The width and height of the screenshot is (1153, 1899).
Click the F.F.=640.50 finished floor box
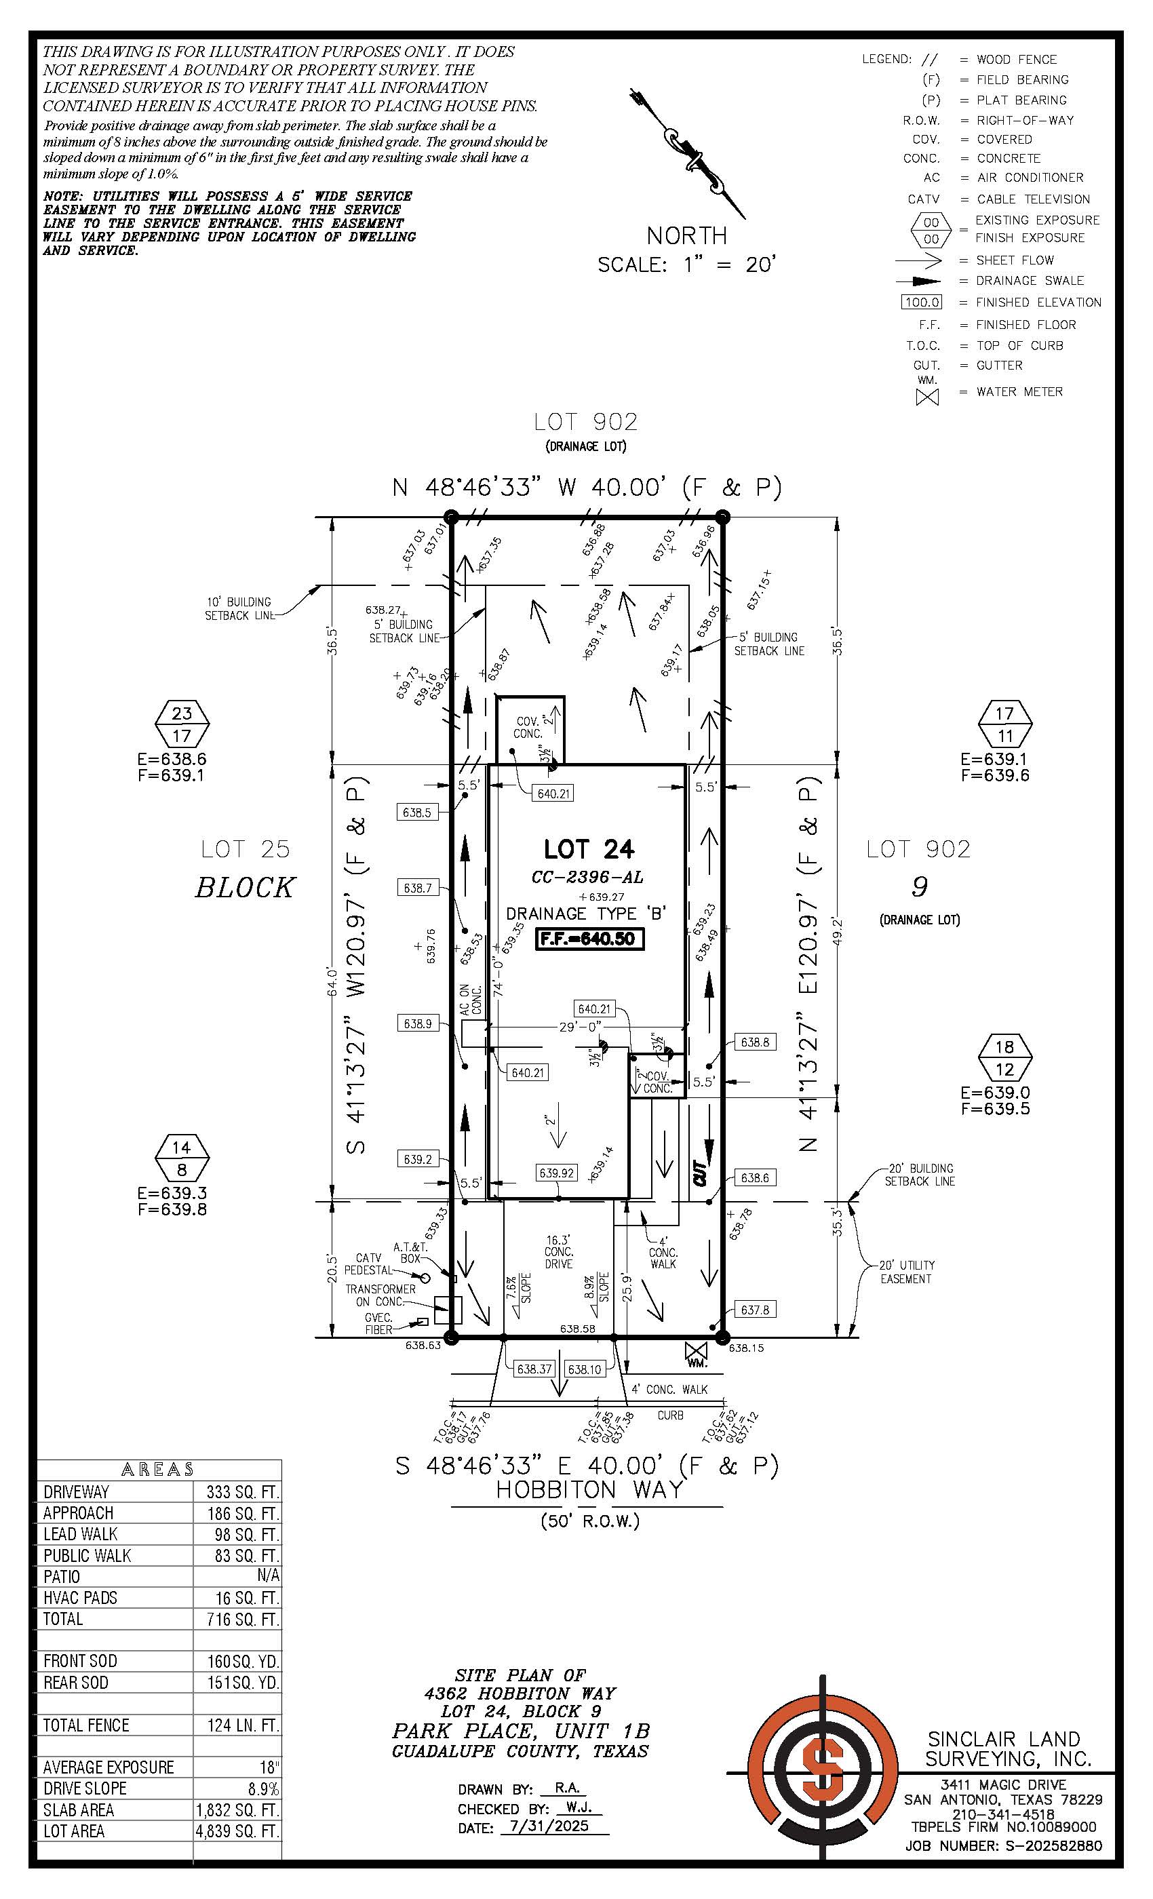click(589, 939)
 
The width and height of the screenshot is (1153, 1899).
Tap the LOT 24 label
click(589, 849)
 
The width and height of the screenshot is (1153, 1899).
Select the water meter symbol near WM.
click(696, 1350)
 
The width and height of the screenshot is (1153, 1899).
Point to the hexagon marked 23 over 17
click(182, 724)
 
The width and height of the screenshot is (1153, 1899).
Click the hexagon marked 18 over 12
click(1004, 1057)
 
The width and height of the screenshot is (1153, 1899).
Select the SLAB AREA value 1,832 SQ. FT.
click(237, 1809)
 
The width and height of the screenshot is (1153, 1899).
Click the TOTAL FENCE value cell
click(237, 1725)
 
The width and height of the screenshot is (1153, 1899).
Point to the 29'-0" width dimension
click(581, 1027)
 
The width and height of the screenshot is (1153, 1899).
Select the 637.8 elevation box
click(754, 1310)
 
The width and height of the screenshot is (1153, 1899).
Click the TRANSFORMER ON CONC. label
click(380, 1295)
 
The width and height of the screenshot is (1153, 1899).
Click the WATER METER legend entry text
click(1019, 391)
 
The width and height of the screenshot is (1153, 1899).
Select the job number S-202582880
click(1053, 1846)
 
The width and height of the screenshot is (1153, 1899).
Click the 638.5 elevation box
click(417, 813)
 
